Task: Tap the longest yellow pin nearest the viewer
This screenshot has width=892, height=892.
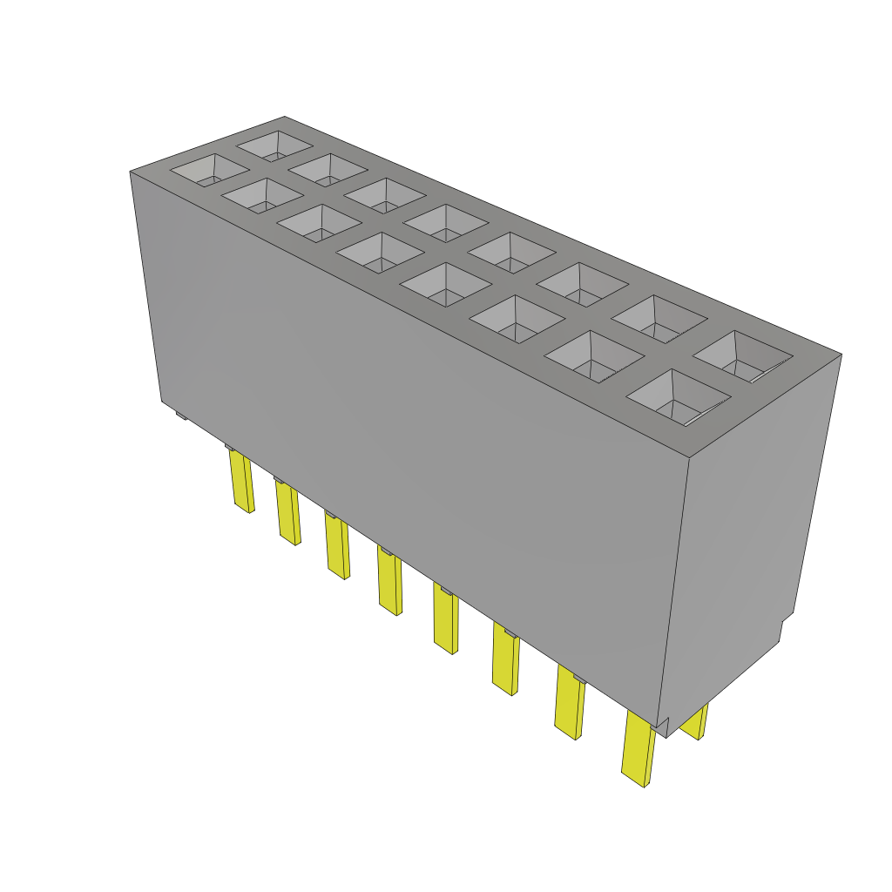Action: [638, 749]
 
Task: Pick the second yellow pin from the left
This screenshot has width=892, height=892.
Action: [287, 514]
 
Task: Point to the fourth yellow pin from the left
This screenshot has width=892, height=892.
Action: [389, 582]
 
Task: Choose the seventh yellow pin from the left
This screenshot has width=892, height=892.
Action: [569, 704]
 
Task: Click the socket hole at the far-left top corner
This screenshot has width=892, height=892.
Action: [206, 170]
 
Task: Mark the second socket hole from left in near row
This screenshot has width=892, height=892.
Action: [260, 195]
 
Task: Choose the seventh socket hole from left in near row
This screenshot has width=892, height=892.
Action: [593, 356]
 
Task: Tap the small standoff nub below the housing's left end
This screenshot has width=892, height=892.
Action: [181, 416]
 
